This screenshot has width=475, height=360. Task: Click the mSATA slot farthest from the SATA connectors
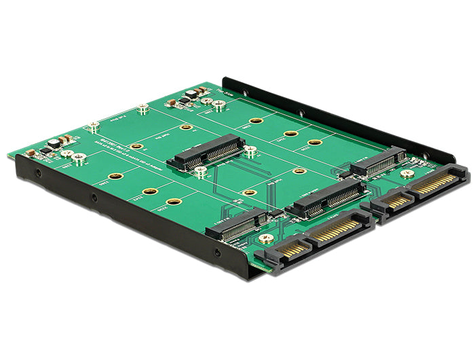(x=207, y=152)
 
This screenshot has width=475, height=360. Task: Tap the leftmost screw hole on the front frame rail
(x=38, y=173)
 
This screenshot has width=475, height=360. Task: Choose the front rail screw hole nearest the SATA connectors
(x=217, y=253)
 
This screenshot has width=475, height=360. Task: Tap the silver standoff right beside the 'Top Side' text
(x=218, y=105)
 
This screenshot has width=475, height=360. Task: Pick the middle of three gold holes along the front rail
(x=150, y=191)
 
